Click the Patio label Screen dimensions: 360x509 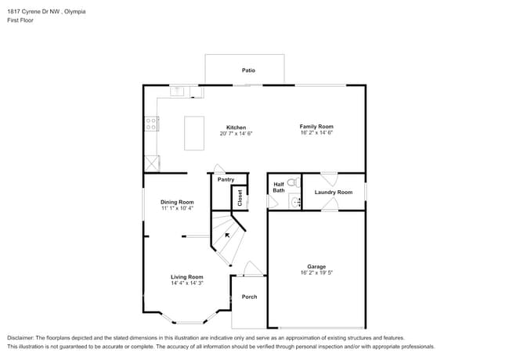point(248,70)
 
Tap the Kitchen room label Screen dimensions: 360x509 point(236,128)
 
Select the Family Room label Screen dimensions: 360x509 point(316,126)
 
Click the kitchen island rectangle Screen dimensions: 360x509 point(194,132)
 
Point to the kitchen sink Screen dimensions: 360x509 point(178,91)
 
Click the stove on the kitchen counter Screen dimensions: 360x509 point(151,124)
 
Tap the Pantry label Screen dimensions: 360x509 point(226,179)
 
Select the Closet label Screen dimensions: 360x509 point(240,197)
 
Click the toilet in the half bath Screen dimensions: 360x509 point(293,183)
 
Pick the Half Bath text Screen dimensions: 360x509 point(279,188)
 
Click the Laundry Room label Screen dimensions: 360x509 point(333,192)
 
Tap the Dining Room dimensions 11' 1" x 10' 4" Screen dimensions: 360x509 point(177,209)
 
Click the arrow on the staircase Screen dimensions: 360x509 point(228,233)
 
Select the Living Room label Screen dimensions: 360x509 point(187,276)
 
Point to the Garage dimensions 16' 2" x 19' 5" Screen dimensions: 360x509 point(316,273)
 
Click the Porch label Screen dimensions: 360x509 point(249,297)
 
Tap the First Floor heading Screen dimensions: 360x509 point(19,21)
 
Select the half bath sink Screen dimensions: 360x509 point(294,202)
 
